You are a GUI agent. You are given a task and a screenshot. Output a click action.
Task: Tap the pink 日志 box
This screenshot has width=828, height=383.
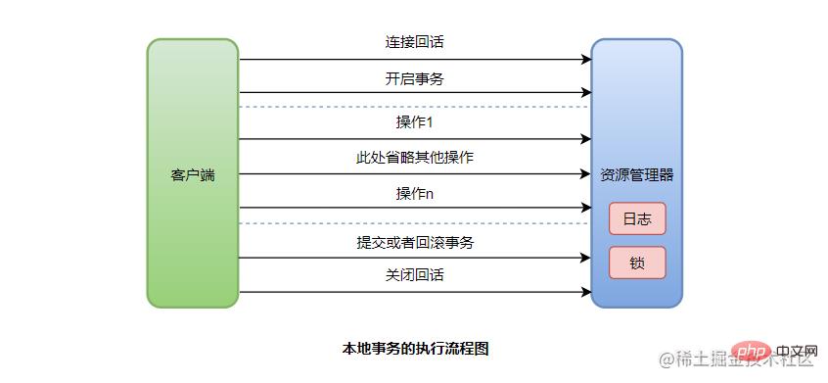click(x=637, y=218)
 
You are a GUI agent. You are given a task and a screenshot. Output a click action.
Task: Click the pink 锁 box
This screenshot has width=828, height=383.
click(x=637, y=263)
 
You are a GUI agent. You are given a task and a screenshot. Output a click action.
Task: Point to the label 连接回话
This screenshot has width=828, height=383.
click(x=415, y=43)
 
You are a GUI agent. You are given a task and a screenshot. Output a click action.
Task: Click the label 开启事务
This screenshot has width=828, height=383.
click(x=415, y=78)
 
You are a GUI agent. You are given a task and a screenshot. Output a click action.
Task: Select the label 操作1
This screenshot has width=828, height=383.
click(x=415, y=122)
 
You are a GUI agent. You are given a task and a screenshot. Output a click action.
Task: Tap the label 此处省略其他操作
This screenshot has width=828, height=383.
click(x=415, y=158)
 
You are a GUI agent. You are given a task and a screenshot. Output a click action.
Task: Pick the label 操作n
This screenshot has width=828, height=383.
click(x=415, y=193)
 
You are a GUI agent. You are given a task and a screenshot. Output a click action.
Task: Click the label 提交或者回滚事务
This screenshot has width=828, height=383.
click(x=415, y=242)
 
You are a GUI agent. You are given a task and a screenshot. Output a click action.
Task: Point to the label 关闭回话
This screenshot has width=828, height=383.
click(x=415, y=275)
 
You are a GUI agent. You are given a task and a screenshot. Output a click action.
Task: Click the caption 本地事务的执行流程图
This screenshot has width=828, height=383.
click(x=415, y=348)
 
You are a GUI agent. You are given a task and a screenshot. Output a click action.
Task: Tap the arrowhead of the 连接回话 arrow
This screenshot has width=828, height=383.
click(x=586, y=60)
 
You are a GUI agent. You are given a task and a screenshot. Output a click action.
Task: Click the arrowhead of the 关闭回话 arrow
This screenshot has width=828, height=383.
click(x=586, y=292)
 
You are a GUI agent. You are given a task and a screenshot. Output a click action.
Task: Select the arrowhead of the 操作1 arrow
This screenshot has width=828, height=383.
click(x=586, y=139)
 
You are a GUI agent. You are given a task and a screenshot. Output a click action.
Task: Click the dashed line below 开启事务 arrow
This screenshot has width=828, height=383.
click(x=415, y=107)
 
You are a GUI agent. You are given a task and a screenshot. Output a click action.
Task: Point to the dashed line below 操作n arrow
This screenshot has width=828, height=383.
click(x=415, y=223)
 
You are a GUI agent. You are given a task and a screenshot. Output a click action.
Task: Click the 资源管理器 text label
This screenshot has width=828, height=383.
click(x=637, y=175)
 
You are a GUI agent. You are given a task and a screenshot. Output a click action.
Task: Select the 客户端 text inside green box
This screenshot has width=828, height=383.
click(x=193, y=175)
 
